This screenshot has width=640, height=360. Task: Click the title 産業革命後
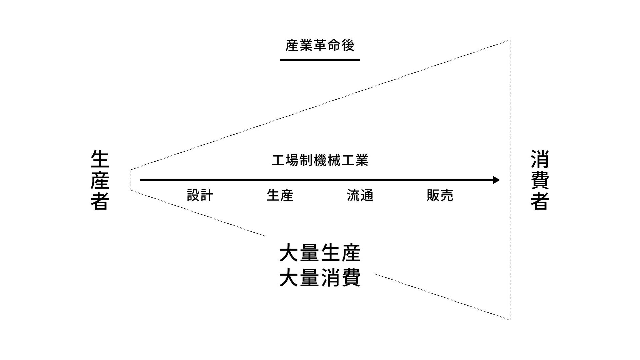point(320,46)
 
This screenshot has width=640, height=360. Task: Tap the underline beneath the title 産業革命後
point(320,60)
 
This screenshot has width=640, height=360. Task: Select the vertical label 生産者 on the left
point(100,180)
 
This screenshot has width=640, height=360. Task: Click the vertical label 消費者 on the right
point(540,180)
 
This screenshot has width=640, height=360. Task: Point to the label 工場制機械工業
point(320,160)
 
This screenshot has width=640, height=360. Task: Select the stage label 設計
point(200,195)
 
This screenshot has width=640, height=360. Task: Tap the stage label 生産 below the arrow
point(280,195)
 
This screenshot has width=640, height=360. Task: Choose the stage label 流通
point(360,195)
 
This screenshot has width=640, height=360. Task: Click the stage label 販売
point(440,195)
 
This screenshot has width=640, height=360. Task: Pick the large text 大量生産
point(320,253)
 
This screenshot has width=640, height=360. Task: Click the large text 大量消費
point(320,278)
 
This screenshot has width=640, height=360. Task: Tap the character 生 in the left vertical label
point(100,159)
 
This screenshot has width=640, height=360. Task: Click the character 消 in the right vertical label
point(540,159)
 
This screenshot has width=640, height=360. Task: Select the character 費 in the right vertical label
point(540,180)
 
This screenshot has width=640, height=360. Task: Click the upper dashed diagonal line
point(320,105)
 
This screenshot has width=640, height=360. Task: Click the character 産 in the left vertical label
point(100,180)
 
